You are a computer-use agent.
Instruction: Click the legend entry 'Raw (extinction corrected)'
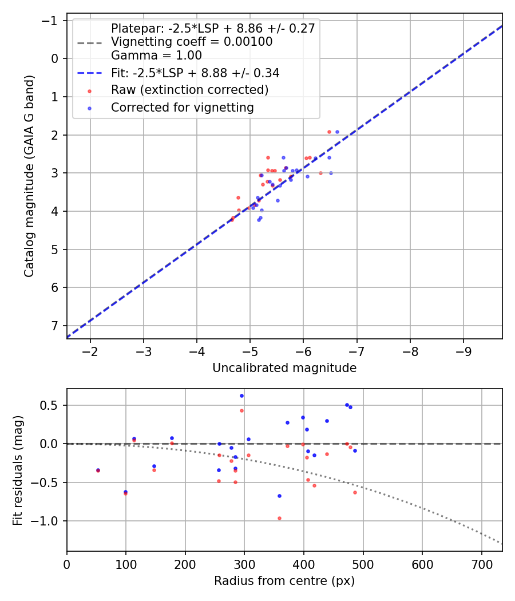click(x=189, y=90)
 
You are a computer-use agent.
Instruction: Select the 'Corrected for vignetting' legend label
click(x=182, y=108)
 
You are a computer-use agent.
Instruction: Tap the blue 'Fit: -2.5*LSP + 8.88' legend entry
click(x=195, y=73)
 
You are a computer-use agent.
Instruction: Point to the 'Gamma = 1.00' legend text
click(x=156, y=56)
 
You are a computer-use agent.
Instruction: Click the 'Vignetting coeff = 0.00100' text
click(x=191, y=42)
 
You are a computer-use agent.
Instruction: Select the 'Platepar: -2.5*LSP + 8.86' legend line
click(x=213, y=29)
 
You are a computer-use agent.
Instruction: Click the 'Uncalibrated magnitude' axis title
click(x=284, y=368)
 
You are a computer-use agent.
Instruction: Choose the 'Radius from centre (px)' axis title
click(x=284, y=581)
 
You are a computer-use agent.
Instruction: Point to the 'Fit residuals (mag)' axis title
click(x=18, y=470)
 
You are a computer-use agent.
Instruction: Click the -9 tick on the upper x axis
click(x=463, y=351)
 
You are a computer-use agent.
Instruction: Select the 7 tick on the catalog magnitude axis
click(x=54, y=326)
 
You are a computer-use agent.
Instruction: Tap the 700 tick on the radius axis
click(x=481, y=563)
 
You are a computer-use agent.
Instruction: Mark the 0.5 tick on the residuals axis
click(x=53, y=405)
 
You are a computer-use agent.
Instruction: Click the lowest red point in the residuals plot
click(x=279, y=518)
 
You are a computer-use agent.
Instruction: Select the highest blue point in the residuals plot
click(x=241, y=396)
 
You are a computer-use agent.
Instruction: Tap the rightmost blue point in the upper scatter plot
click(x=337, y=132)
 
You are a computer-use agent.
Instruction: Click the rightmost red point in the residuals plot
click(x=355, y=492)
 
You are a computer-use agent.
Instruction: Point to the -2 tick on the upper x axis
click(x=90, y=351)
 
